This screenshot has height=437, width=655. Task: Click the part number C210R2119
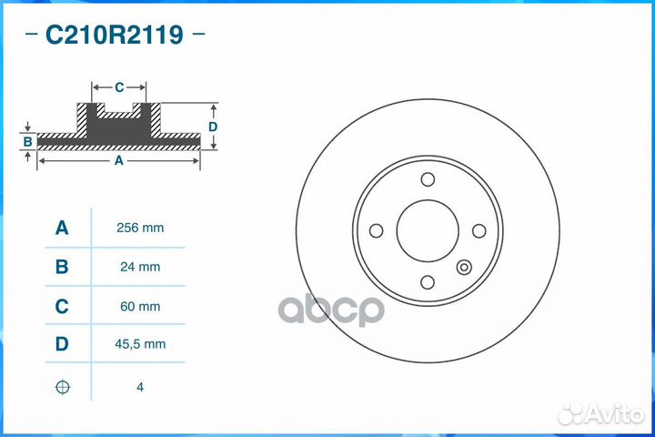114,36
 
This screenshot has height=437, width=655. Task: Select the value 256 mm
140,228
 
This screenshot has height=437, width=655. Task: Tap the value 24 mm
140,267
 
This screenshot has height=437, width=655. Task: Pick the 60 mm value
140,307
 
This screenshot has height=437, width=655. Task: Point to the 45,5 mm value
140,343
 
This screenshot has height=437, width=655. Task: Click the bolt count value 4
140,387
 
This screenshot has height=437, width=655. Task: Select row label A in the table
62,228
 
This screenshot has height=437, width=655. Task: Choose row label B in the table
62,267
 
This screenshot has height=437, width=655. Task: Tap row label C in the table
62,307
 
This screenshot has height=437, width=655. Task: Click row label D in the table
62,343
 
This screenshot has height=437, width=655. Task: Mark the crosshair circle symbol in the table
62,387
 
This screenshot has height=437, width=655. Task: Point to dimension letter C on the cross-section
119,87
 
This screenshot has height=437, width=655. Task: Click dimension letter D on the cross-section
212,127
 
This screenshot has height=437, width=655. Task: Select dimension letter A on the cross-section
118,160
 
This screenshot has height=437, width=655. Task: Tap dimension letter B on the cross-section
28,141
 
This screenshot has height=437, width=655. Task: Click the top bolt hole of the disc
428,179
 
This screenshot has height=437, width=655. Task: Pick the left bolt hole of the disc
375,230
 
